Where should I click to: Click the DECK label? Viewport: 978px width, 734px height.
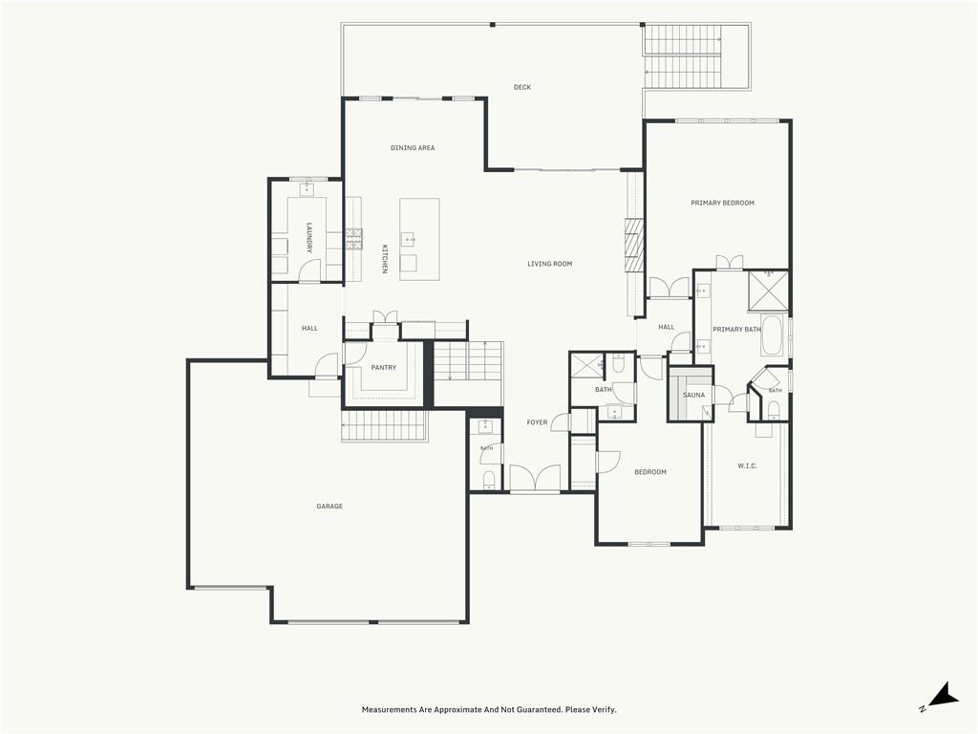522,87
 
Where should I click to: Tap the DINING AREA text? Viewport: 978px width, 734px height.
413,148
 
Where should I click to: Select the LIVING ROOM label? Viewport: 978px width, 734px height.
549,264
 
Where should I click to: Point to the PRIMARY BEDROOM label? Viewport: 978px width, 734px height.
722,203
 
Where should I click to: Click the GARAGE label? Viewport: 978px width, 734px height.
330,507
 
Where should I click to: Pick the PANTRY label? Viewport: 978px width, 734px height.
384,368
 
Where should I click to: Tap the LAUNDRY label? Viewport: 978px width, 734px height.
309,237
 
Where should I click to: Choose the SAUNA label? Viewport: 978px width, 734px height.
693,395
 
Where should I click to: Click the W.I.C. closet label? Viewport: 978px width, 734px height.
747,465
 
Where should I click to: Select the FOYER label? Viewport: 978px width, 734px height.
537,422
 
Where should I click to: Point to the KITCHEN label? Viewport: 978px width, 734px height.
385,258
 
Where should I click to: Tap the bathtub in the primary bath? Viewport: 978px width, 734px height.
774,335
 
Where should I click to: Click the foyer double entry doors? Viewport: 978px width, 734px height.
535,478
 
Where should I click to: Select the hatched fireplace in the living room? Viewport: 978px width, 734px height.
634,246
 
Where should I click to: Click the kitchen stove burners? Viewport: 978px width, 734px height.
354,240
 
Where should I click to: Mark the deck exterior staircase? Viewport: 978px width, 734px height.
683,56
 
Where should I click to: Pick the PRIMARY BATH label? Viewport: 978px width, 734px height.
736,330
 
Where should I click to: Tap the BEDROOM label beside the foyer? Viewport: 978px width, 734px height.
650,472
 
